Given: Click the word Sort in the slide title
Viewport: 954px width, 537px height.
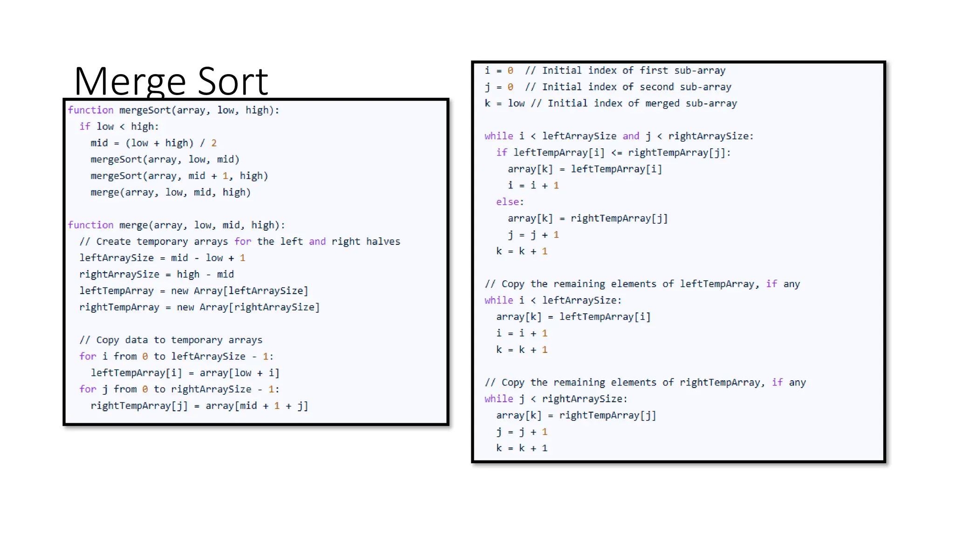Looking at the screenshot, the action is coord(232,82).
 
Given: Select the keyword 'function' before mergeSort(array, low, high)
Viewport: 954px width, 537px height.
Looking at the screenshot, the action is coord(90,110).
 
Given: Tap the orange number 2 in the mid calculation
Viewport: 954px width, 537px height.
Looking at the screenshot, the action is coord(214,143).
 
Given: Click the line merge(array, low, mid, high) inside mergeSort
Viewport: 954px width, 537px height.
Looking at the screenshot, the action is coord(170,193).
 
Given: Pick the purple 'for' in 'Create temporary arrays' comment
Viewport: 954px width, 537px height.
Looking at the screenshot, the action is coord(243,241).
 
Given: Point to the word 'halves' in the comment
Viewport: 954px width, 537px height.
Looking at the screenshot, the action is coord(383,241).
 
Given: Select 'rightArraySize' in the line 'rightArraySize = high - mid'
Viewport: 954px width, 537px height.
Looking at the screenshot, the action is coord(119,275).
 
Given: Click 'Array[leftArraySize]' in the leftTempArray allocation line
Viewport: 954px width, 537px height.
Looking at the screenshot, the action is coord(251,291).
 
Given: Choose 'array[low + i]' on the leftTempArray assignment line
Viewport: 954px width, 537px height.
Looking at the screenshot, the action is coord(239,373).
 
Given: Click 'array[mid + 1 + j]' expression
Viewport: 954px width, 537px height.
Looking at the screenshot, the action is coord(257,406).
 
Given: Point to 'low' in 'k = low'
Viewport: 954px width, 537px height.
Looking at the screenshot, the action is coord(516,103).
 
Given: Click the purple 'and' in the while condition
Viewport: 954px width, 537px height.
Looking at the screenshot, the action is coord(631,136).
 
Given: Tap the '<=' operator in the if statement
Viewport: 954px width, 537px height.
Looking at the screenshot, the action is coord(616,153).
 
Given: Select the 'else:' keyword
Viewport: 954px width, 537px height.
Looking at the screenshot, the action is coord(510,202).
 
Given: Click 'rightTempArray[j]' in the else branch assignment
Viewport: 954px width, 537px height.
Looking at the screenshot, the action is coord(619,219).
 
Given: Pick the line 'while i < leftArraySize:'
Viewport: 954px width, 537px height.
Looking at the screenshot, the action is coord(552,301).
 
